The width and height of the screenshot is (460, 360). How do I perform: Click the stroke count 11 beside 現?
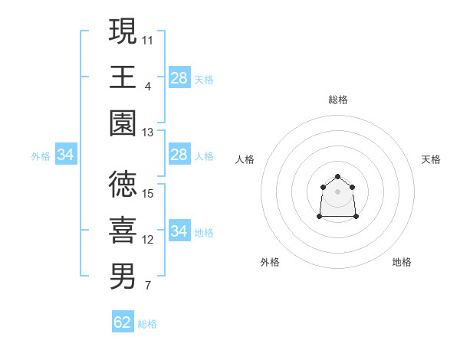pyautogui.click(x=148, y=39)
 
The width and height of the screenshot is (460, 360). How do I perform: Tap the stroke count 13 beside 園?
pyautogui.click(x=148, y=133)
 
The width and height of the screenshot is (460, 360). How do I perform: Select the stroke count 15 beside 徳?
pyautogui.click(x=148, y=194)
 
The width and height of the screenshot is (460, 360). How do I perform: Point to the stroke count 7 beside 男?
pyautogui.click(x=147, y=286)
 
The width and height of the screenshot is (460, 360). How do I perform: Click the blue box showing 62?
pyautogui.click(x=123, y=322)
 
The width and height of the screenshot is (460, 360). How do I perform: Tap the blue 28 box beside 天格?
pyautogui.click(x=179, y=77)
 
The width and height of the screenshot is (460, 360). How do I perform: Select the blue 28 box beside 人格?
pyautogui.click(x=179, y=155)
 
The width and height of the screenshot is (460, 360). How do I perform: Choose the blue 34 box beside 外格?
pyautogui.click(x=66, y=155)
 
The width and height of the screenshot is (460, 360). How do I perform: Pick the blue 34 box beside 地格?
pyautogui.click(x=179, y=231)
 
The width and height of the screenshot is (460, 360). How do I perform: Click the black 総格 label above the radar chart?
pyautogui.click(x=338, y=100)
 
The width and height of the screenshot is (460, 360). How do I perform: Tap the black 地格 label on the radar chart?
pyautogui.click(x=402, y=262)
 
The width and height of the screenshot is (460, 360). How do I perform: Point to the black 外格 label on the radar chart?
pyautogui.click(x=270, y=262)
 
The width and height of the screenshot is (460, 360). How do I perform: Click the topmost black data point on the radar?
pyautogui.click(x=337, y=177)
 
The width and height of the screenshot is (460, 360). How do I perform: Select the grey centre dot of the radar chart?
pyautogui.click(x=337, y=191)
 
